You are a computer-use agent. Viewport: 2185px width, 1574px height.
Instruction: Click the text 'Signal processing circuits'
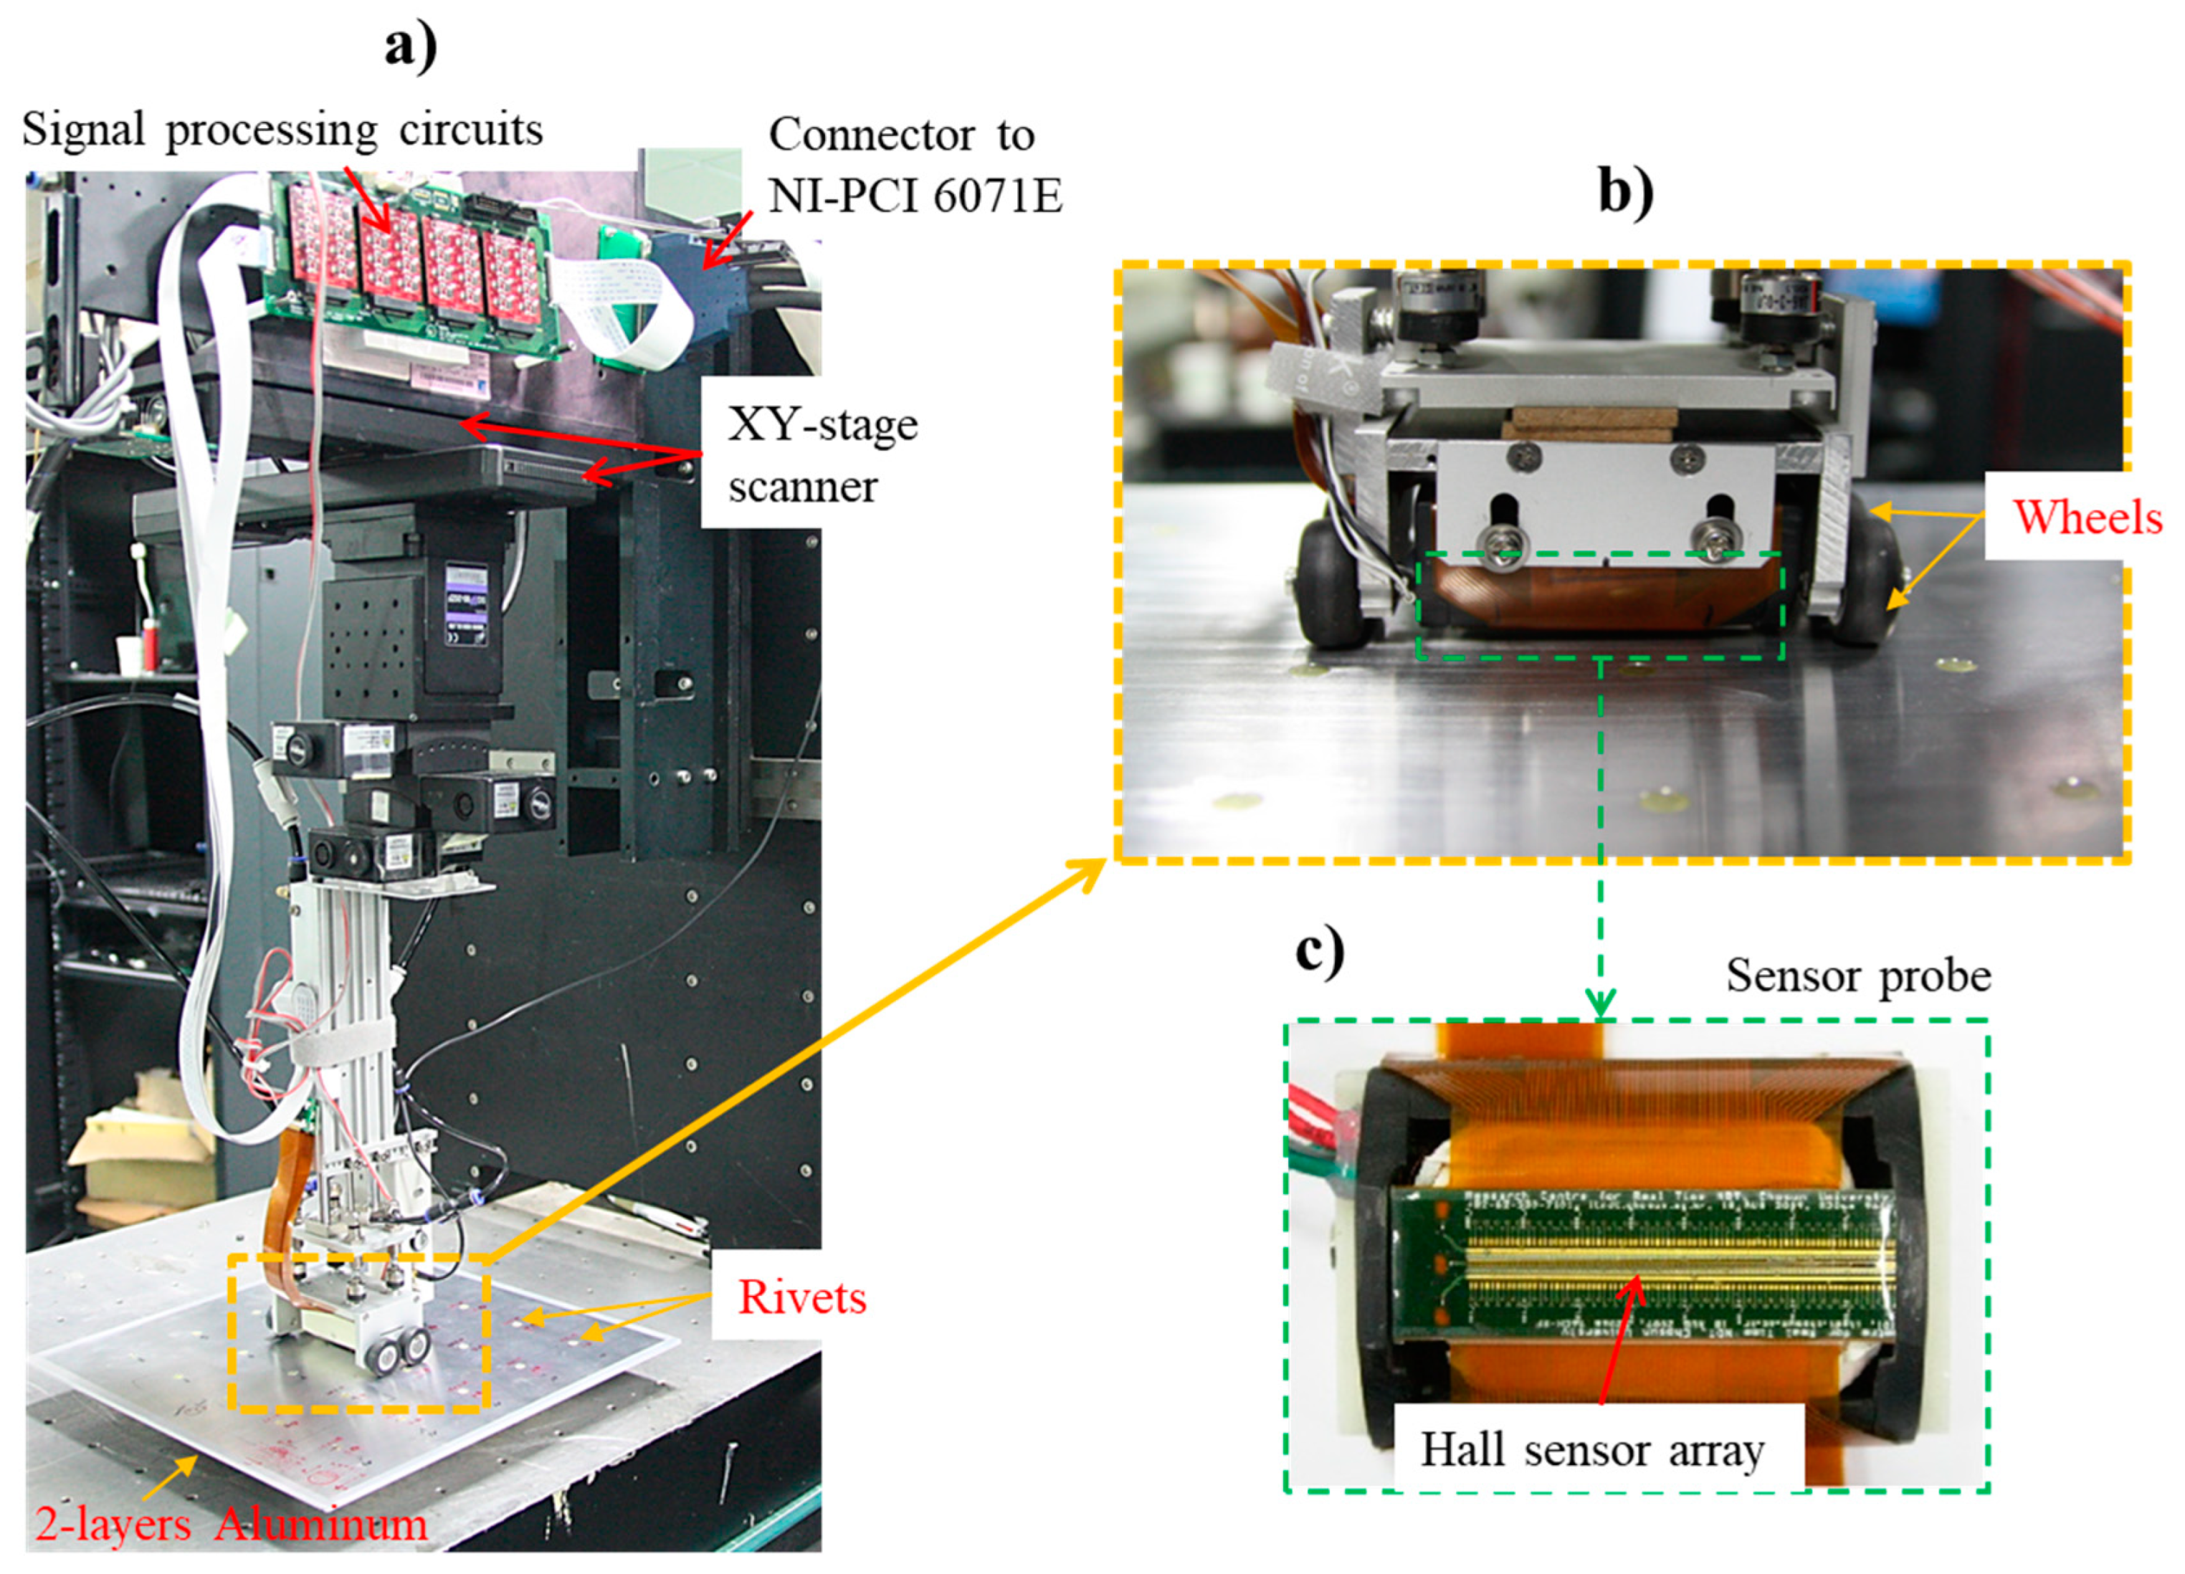(x=282, y=130)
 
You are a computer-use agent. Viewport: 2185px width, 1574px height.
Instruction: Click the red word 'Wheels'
(x=2087, y=517)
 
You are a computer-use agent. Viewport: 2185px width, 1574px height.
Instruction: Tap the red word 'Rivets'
(x=801, y=1297)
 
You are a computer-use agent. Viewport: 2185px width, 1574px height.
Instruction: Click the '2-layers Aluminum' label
(x=232, y=1524)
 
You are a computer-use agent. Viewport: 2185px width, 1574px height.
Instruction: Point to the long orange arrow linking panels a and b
(x=799, y=1059)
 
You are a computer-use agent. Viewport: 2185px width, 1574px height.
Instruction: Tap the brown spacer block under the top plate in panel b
(x=1594, y=423)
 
